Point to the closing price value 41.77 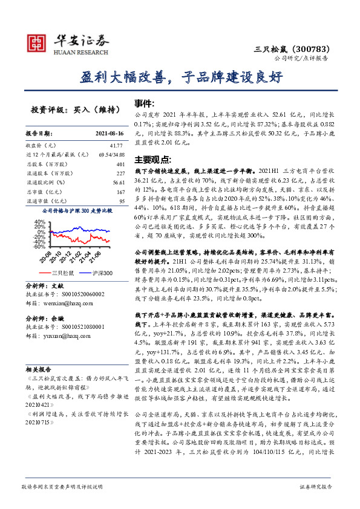[115, 146]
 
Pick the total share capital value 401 [119, 164]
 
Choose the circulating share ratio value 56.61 [117, 182]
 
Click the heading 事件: [144, 103]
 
